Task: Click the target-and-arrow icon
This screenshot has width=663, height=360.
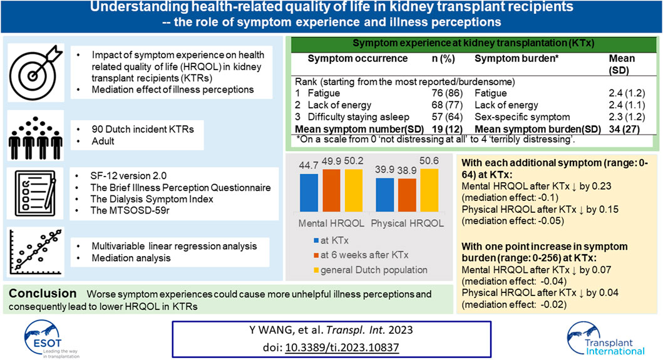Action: (36, 73)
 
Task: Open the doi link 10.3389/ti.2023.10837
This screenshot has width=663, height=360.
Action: (342, 347)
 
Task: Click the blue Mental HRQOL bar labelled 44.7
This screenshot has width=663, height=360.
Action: (309, 192)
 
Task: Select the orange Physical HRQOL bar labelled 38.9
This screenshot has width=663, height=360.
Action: (407, 195)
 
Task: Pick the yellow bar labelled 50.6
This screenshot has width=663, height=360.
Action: (429, 190)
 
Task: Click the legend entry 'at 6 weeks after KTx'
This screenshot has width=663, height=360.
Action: (361, 255)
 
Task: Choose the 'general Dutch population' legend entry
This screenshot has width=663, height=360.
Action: (371, 270)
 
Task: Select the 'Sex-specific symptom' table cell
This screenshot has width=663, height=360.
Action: (522, 116)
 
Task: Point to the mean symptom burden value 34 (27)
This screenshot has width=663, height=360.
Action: (624, 129)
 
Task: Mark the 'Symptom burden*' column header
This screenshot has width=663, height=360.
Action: (517, 59)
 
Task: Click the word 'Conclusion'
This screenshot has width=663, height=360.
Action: (43, 293)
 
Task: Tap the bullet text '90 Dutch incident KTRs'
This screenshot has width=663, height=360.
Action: (143, 130)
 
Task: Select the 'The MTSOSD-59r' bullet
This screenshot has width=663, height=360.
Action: (130, 210)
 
